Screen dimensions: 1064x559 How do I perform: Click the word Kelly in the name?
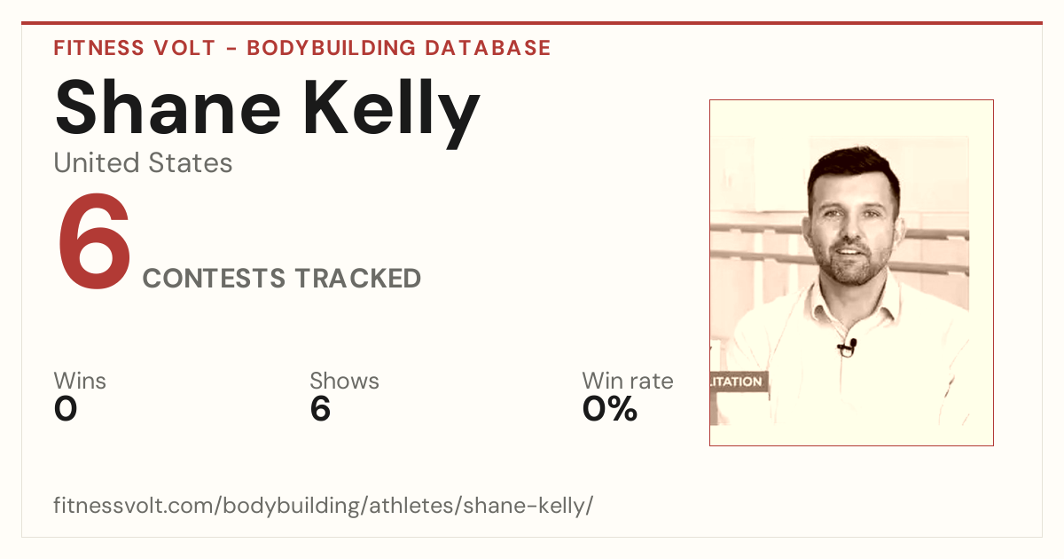(391, 113)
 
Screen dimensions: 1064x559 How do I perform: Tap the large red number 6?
(94, 241)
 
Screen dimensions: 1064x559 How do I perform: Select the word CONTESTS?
(215, 278)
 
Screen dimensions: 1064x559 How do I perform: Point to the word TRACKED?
(358, 278)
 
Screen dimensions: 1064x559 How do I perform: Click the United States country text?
(143, 162)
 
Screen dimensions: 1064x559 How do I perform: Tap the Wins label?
(80, 381)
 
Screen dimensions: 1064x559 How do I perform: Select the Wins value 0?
(66, 409)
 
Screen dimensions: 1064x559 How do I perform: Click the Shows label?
(344, 381)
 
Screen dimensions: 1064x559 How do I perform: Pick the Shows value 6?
(320, 409)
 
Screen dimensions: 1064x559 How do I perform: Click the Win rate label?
(628, 381)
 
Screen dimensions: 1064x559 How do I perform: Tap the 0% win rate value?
(610, 409)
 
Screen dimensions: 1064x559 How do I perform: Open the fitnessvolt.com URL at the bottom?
(323, 505)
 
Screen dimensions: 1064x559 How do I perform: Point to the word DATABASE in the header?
(488, 48)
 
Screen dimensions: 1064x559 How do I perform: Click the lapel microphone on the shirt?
(848, 348)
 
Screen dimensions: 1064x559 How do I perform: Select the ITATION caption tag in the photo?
(739, 382)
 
